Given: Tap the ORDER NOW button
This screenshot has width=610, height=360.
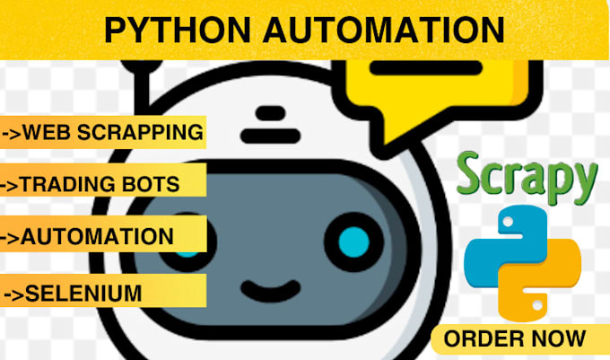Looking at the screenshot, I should pyautogui.click(x=514, y=338).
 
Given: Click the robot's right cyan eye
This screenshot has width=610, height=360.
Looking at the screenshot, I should pyautogui.click(x=354, y=241).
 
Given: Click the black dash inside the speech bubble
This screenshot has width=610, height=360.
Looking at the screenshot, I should pyautogui.click(x=408, y=68).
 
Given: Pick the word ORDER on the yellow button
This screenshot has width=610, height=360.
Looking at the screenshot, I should pyautogui.click(x=484, y=338).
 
